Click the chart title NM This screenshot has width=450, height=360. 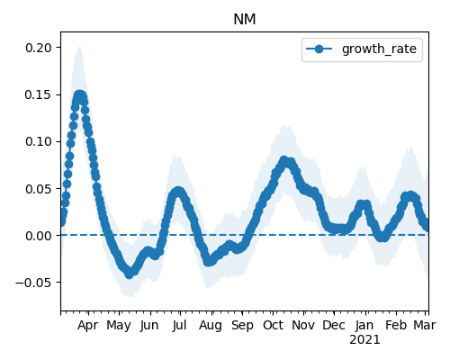tap(245, 20)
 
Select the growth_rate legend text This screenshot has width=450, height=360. tap(379, 49)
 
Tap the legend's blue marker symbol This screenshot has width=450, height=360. tap(319, 49)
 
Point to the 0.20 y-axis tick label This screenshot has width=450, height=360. tap(38, 48)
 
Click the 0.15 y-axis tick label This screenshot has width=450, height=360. tap(38, 94)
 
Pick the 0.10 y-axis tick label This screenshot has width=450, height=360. tap(38, 141)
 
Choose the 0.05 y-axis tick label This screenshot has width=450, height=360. tap(38, 188)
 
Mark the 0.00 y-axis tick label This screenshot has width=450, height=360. tap(38, 236)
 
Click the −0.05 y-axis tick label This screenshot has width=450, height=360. tap(33, 283)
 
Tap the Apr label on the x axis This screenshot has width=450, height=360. tap(87, 326)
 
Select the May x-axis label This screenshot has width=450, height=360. tap(119, 326)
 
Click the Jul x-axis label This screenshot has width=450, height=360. tap(179, 325)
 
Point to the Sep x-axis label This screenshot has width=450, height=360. tap(242, 326)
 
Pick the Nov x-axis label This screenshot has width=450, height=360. tap(303, 325)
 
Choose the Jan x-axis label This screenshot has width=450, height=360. tap(364, 325)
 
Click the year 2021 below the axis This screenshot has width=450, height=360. tap(364, 340)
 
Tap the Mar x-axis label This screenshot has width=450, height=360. tap(425, 325)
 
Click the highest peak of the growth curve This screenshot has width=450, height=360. tap(79, 95)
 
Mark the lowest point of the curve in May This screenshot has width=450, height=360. tap(130, 274)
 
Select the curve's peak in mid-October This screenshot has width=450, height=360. tap(283, 160)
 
